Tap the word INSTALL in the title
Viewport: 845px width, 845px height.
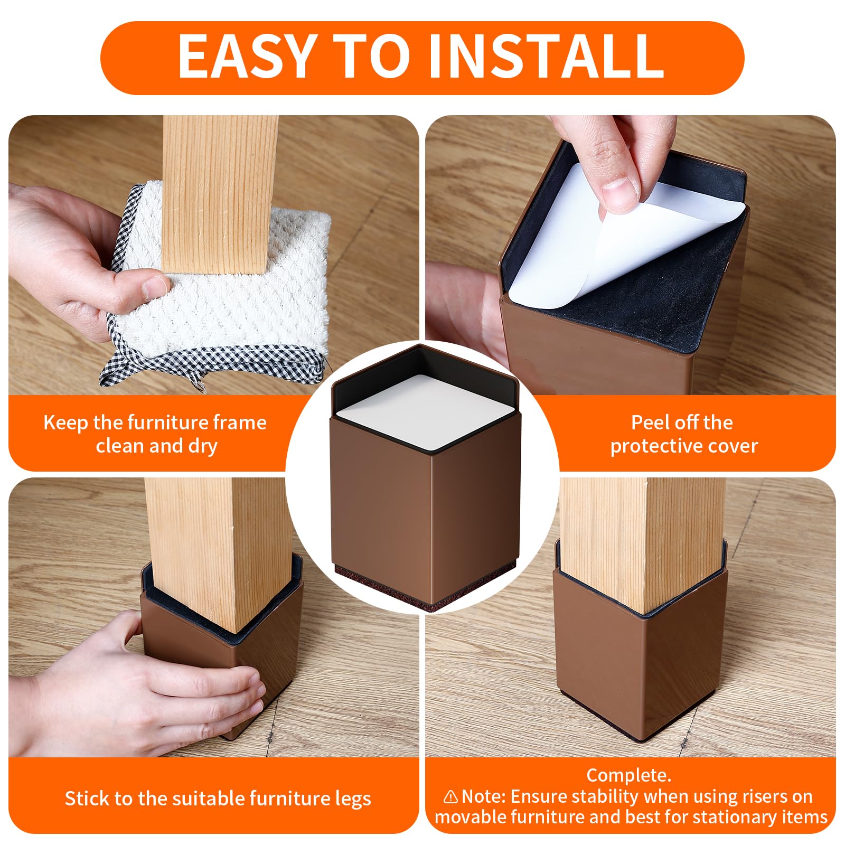click(546, 56)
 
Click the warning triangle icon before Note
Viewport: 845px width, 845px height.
click(450, 796)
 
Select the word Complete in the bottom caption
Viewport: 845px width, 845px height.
click(628, 775)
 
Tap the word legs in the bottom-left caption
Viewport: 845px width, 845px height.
click(353, 799)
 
